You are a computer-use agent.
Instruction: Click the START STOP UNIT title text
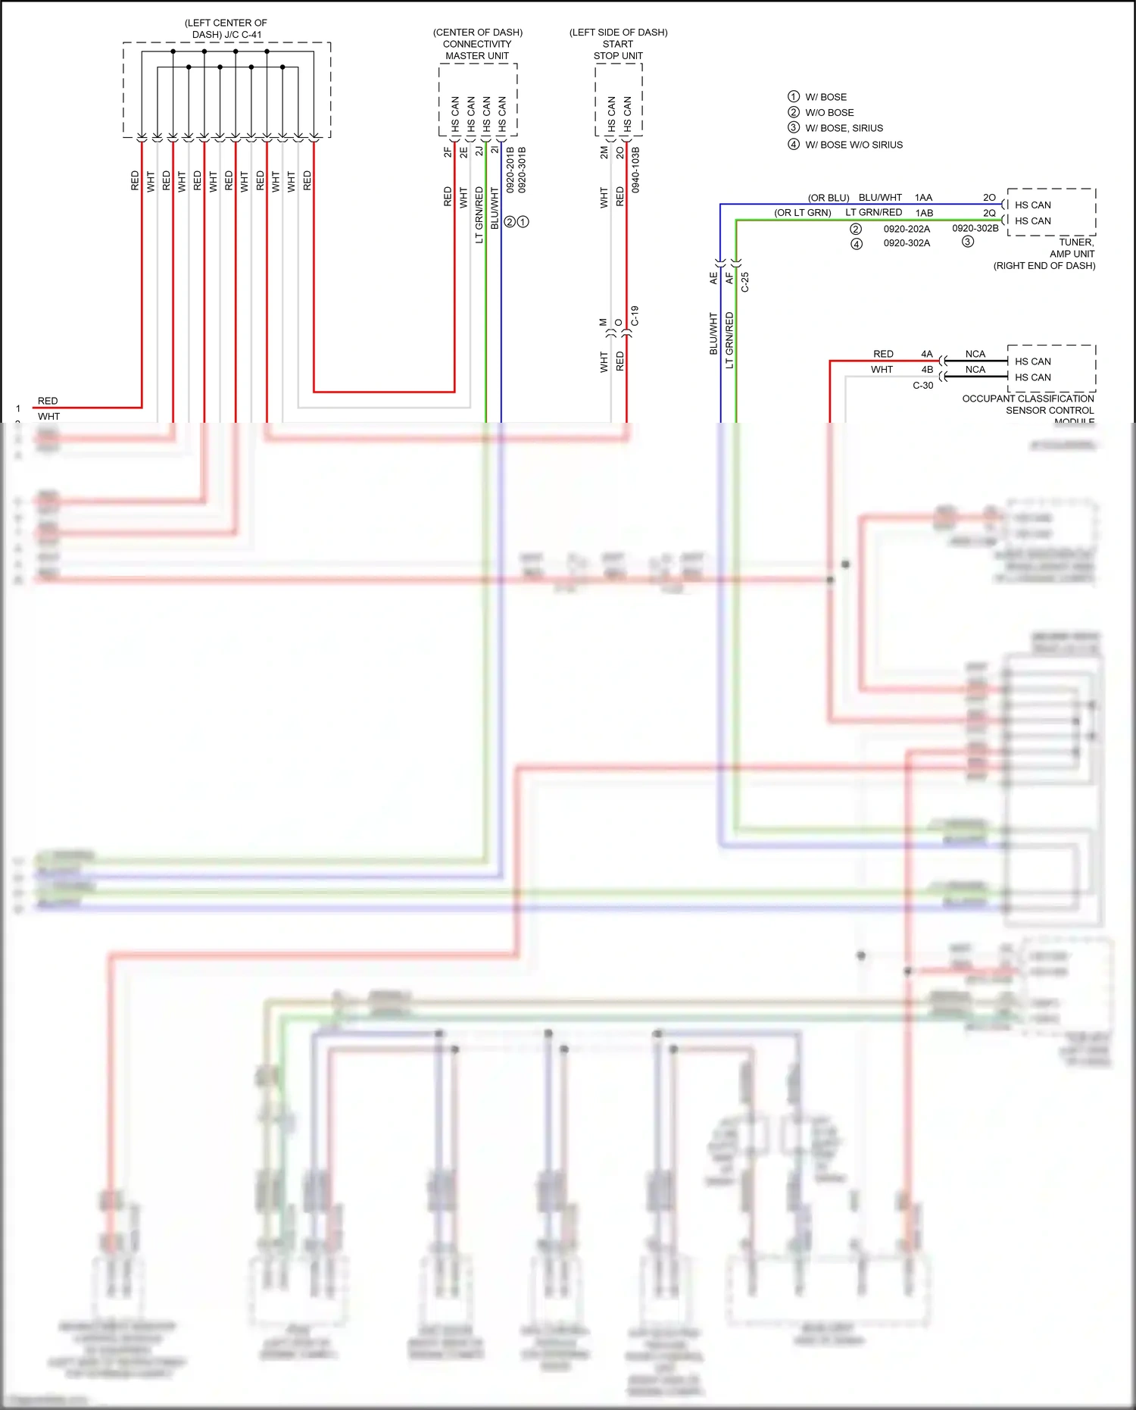[618, 50]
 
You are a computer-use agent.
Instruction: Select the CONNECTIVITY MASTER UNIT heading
[477, 50]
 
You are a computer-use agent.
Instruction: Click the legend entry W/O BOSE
[829, 113]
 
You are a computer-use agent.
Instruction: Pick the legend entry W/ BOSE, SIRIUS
[844, 128]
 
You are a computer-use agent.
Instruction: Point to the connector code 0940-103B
[635, 170]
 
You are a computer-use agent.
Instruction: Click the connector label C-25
[744, 283]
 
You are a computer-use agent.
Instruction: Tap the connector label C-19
[635, 316]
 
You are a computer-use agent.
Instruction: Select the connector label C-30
[922, 386]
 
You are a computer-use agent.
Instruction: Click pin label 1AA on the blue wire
[923, 198]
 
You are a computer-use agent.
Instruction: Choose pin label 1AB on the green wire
[923, 214]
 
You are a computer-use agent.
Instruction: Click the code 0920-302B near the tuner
[975, 228]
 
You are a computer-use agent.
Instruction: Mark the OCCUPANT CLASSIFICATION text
[1028, 399]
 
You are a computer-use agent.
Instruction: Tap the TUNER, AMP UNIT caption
[1072, 248]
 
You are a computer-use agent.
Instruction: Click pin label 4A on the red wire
[926, 354]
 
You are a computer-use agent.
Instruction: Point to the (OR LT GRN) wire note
[802, 213]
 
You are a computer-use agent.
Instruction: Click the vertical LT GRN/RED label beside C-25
[729, 340]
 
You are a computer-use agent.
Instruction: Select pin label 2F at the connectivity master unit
[448, 152]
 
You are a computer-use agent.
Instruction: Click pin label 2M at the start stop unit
[604, 152]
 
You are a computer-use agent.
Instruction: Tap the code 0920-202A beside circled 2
[907, 229]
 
